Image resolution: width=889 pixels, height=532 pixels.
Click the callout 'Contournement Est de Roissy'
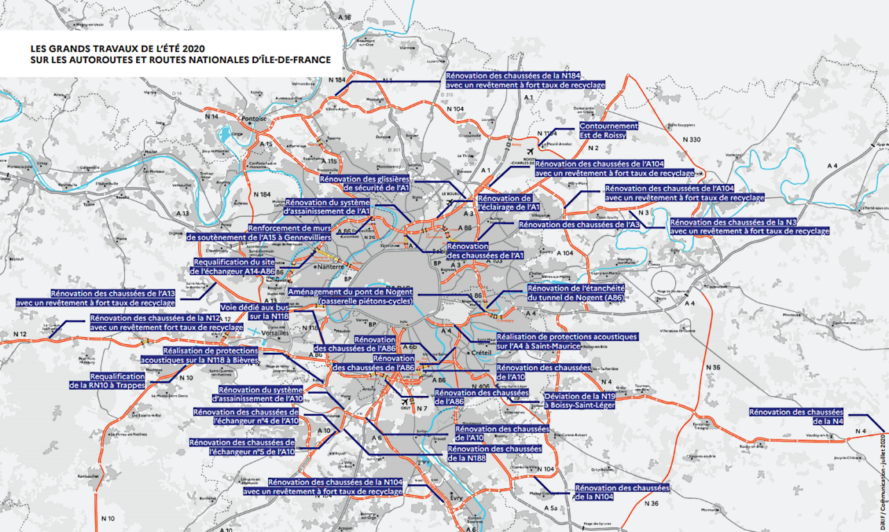pyautogui.click(x=608, y=131)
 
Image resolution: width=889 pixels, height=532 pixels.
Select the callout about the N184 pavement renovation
pyautogui.click(x=524, y=80)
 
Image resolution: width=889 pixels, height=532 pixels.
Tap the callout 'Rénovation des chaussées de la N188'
pyautogui.click(x=494, y=453)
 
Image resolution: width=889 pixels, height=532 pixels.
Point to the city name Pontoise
pyautogui.click(x=255, y=119)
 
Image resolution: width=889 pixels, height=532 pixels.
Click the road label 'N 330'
pyautogui.click(x=691, y=140)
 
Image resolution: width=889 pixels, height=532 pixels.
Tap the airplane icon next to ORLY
pyautogui.click(x=404, y=401)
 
